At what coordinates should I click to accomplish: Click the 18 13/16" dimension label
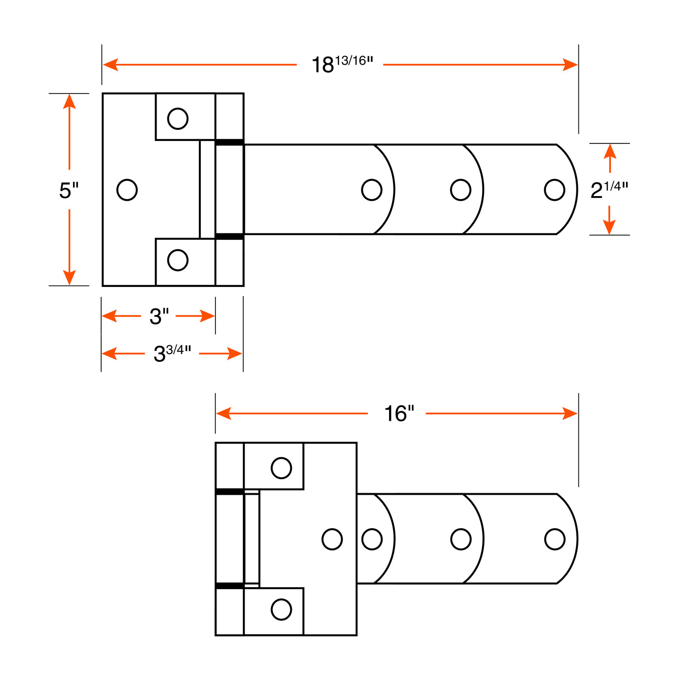coord(342,64)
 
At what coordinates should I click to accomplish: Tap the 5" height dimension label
coord(69,190)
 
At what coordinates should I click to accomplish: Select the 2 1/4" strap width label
coord(609,190)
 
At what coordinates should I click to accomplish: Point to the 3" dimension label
coord(159,316)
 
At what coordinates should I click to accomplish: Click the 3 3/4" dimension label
coord(172,354)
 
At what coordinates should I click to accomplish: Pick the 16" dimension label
coord(399,413)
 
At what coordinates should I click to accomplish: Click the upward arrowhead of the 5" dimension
coord(69,102)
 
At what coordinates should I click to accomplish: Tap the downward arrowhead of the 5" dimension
coord(69,277)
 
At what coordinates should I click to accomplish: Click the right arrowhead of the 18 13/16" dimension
coord(570,65)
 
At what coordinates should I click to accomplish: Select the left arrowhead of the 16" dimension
coord(224,413)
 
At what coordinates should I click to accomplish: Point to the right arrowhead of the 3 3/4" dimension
coord(234,354)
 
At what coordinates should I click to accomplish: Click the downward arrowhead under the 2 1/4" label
coord(609,227)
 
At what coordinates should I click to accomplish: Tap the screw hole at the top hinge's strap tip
coord(555,190)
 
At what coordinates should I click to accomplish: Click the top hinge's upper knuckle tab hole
coord(178,119)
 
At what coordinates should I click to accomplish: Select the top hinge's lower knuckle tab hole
coord(178,260)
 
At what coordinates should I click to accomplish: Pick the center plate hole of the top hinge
coord(127,190)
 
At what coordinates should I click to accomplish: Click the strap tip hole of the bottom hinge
coord(555,539)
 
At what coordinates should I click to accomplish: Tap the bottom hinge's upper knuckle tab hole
coord(281,468)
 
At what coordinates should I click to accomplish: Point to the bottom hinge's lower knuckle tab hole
coord(281,609)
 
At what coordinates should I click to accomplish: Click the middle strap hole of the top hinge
coord(461,190)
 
